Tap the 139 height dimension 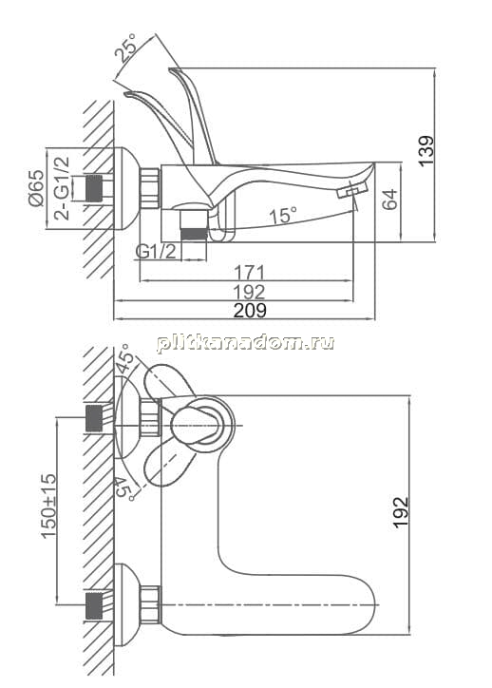[426, 150]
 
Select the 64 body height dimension [389, 200]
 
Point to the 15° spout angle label [283, 215]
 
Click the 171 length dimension [249, 273]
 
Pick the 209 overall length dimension [250, 310]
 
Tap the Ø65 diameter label [36, 188]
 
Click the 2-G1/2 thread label [62, 188]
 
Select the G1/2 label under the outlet [156, 252]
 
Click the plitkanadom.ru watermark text [246, 342]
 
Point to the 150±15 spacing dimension [48, 506]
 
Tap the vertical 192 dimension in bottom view [401, 511]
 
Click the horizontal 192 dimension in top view [249, 292]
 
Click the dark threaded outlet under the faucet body [194, 233]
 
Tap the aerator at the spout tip [351, 191]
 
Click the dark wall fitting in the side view [94, 189]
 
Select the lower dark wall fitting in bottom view [94, 605]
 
